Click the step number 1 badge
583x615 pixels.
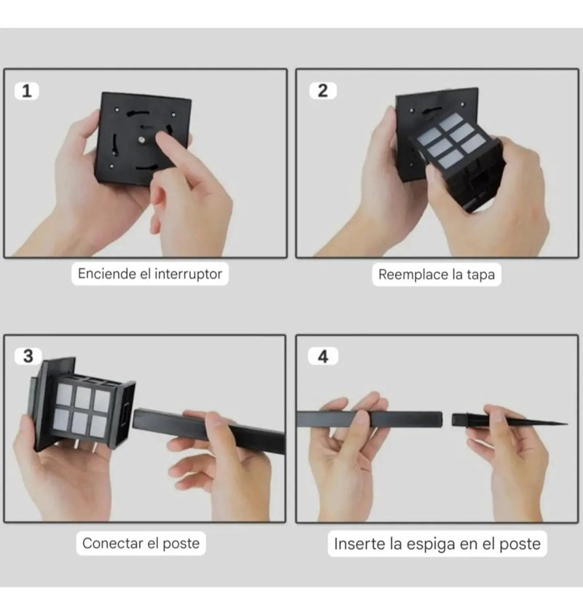tap(27, 91)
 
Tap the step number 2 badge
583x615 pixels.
tap(323, 90)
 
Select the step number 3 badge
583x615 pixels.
tap(28, 356)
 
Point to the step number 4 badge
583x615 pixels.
tap(323, 357)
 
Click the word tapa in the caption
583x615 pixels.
tap(481, 274)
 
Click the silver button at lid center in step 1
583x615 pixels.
tap(141, 139)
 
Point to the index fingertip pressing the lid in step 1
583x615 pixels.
tap(162, 138)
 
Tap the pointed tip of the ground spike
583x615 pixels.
tap(566, 424)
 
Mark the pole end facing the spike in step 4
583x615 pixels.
tap(441, 419)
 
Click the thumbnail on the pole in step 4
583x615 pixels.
tap(360, 417)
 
